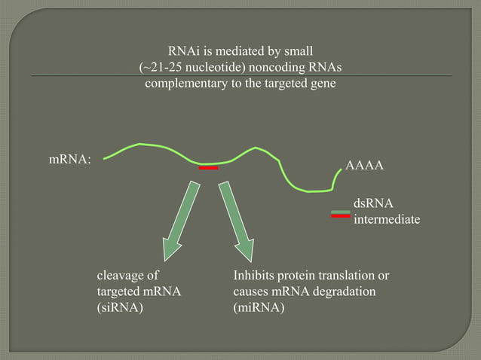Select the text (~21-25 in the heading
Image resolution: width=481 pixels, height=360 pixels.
163,68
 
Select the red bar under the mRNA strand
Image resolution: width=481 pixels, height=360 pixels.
208,169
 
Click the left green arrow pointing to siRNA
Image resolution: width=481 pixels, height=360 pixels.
180,218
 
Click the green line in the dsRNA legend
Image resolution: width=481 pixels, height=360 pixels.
341,211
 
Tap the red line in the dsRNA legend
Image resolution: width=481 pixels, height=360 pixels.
341,216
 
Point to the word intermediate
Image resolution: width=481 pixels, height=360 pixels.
387,219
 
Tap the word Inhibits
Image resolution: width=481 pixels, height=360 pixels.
256,276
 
